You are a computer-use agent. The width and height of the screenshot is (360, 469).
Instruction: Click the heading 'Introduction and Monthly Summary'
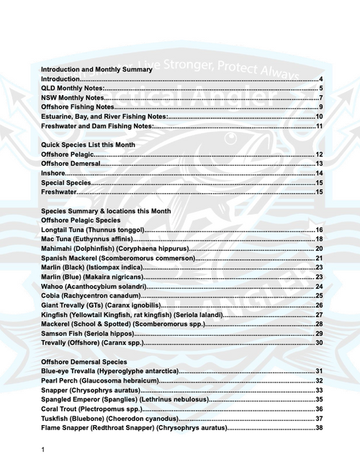click(x=96, y=69)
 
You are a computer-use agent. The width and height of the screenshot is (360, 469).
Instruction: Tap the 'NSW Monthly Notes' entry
click(x=73, y=97)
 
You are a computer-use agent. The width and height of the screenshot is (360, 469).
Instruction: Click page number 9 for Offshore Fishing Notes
click(x=320, y=107)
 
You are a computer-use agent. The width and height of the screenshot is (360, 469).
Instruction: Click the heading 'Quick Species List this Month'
click(x=88, y=145)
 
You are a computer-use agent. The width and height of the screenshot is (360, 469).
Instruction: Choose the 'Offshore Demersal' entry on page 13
click(x=71, y=164)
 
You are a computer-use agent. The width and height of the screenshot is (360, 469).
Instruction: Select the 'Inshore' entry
click(x=53, y=174)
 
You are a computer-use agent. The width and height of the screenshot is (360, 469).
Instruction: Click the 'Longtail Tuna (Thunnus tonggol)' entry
click(x=93, y=230)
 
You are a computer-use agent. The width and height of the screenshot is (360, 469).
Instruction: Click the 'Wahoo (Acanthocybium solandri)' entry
click(x=94, y=286)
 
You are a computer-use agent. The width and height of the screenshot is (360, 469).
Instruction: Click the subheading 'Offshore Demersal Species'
click(x=84, y=361)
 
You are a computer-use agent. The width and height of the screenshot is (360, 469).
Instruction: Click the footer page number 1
click(x=43, y=450)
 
